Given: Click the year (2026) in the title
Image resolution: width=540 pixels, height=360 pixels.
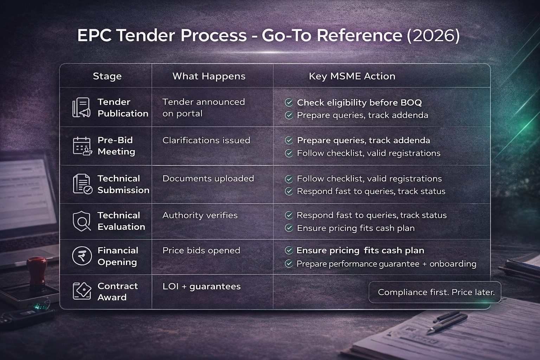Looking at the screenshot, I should (433, 36).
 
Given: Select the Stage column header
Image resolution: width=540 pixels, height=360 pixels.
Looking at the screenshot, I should (107, 76).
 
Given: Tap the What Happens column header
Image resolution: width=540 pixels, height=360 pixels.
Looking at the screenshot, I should (209, 76).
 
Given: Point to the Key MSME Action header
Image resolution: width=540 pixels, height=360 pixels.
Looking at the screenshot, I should (352, 76).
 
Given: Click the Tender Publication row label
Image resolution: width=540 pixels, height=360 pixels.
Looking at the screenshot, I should (122, 108).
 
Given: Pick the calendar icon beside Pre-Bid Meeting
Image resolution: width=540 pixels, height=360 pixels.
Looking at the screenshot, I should (82, 146).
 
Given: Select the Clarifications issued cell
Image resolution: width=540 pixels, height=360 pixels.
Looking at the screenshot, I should (206, 140).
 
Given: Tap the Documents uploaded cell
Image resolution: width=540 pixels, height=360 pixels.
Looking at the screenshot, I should (208, 179).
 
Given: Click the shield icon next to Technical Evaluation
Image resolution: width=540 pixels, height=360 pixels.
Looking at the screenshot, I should (82, 221).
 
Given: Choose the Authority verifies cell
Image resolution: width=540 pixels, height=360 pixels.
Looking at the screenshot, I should (200, 215).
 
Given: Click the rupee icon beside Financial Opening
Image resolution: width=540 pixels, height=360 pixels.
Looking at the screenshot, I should (82, 256).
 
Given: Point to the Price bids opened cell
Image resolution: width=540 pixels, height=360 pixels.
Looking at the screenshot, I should (201, 251).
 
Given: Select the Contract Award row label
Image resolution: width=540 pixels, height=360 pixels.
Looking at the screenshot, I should (117, 292).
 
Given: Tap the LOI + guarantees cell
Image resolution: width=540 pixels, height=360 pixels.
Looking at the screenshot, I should (201, 287).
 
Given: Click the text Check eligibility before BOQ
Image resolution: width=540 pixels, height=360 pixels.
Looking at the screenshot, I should (359, 103).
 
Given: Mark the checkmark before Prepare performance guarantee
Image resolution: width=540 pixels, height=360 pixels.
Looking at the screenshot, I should (289, 264).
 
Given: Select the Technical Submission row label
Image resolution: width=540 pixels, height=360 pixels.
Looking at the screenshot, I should (123, 184).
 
